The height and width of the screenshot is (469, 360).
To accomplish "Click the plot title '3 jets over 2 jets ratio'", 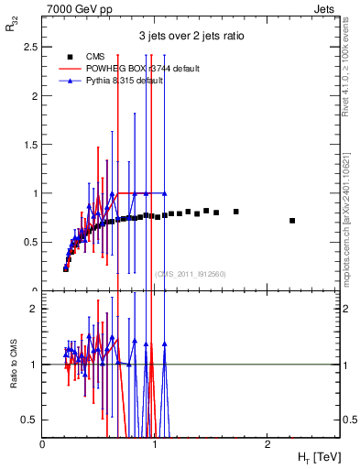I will pyautogui.click(x=191, y=38).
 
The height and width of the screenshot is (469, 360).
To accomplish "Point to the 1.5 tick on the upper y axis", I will pyautogui.click(x=30, y=145).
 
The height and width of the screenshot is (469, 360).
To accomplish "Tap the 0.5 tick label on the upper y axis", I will pyautogui.click(x=30, y=242).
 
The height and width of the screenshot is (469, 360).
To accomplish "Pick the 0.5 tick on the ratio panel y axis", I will pyautogui.click(x=30, y=420).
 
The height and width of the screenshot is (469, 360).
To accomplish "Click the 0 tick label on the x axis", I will pyautogui.click(x=43, y=443).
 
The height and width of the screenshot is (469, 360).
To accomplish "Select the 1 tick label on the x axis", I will pyautogui.click(x=155, y=443).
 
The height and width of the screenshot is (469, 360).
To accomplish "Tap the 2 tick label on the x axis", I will pyautogui.click(x=267, y=443).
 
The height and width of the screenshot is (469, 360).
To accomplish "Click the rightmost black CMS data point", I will pyautogui.click(x=292, y=221).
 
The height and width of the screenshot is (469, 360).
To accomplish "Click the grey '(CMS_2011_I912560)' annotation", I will pyautogui.click(x=191, y=273).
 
